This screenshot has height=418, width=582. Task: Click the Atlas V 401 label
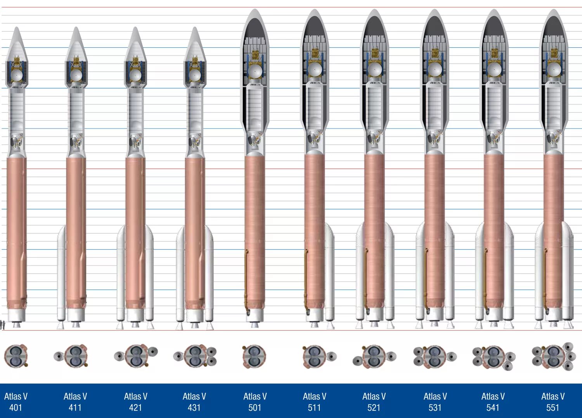16,402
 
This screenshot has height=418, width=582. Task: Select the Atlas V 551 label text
553,402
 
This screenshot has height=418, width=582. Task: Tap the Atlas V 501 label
255,402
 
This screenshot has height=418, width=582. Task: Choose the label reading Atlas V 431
194,402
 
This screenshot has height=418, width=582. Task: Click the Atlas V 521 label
374,402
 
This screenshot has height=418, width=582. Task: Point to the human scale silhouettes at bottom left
3,325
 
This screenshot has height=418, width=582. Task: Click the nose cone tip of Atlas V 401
16,28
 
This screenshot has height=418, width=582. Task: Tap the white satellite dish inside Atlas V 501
255,71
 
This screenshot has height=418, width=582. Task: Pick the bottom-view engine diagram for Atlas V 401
16,356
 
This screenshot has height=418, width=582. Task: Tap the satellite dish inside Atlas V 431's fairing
194,75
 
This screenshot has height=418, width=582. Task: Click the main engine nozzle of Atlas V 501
254,324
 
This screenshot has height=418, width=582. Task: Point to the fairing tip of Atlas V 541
494,11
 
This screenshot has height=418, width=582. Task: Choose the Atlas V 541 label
493,402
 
